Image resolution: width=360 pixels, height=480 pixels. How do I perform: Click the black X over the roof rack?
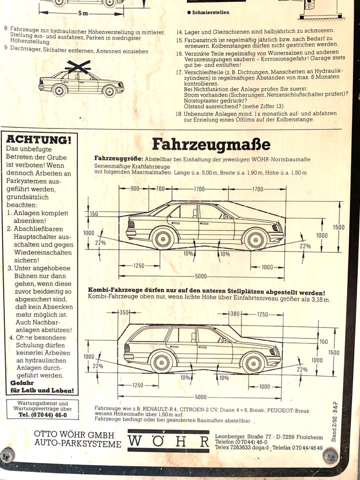coord(77,66)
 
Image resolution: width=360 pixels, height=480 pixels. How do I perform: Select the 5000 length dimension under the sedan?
coord(200,276)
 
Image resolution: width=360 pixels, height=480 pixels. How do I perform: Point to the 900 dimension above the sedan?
coord(135,189)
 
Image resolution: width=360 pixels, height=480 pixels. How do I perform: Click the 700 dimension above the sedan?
coord(159,189)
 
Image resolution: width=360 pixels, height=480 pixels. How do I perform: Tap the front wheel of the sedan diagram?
coord(255,238)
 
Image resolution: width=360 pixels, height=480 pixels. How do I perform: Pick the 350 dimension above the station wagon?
coord(124,312)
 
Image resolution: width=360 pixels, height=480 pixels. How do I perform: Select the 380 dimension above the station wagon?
coord(234,314)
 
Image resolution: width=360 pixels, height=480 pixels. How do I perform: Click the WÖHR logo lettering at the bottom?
coord(168,441)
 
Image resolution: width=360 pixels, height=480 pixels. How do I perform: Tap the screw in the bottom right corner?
coord(330,455)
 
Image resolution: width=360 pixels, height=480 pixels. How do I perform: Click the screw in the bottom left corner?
coord(7,455)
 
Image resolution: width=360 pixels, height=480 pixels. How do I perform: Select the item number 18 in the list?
coord(179,113)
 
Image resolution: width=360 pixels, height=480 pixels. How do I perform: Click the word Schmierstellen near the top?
coord(209,12)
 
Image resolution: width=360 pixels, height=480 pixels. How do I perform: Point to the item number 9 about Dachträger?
coord(5,48)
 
